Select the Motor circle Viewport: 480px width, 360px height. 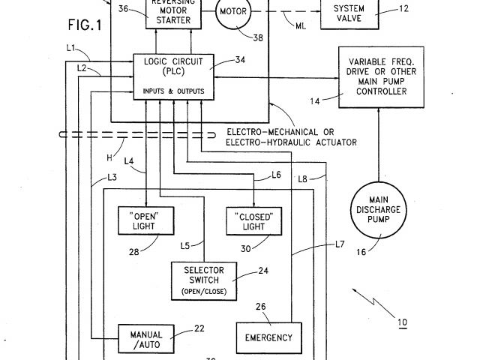[237, 13]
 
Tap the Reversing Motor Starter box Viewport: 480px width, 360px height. [173, 13]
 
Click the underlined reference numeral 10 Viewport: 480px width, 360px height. [403, 323]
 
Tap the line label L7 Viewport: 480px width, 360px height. [340, 244]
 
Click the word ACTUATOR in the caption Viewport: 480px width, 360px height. [335, 142]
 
